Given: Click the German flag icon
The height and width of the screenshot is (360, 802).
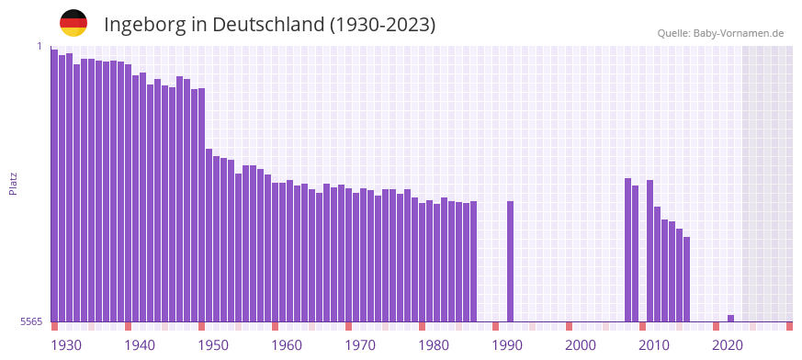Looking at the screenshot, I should pos(73,23).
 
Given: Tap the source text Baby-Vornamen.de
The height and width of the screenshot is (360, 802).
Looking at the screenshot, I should pos(739,33).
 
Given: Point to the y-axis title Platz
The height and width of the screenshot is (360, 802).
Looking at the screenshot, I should pos(13,184).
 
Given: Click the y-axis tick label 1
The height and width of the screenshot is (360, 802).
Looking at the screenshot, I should pos(40,46).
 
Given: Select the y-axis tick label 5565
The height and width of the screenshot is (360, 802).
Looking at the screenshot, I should pos(30,321).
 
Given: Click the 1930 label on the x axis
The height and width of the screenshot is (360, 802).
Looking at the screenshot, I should pos(66,345).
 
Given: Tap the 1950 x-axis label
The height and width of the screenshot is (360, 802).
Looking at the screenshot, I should pos(213,345).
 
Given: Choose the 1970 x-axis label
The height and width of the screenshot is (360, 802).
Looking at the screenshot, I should pos(360,345).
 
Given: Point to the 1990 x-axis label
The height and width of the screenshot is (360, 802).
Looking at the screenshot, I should pos(507,345).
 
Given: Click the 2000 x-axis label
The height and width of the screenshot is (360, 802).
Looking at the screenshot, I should pos(581,345).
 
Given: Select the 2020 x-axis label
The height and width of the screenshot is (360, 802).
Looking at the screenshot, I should pos(728,345).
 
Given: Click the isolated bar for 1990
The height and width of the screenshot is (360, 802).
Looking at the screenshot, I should pos(510,261).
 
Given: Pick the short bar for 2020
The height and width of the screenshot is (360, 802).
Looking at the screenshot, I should pos(730,318).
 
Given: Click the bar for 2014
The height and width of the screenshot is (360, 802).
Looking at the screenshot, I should pos(686,279).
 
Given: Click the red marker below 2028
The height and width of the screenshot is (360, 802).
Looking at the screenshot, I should pos(789,326).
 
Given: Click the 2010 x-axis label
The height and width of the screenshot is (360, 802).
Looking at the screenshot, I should pos(654,345).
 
